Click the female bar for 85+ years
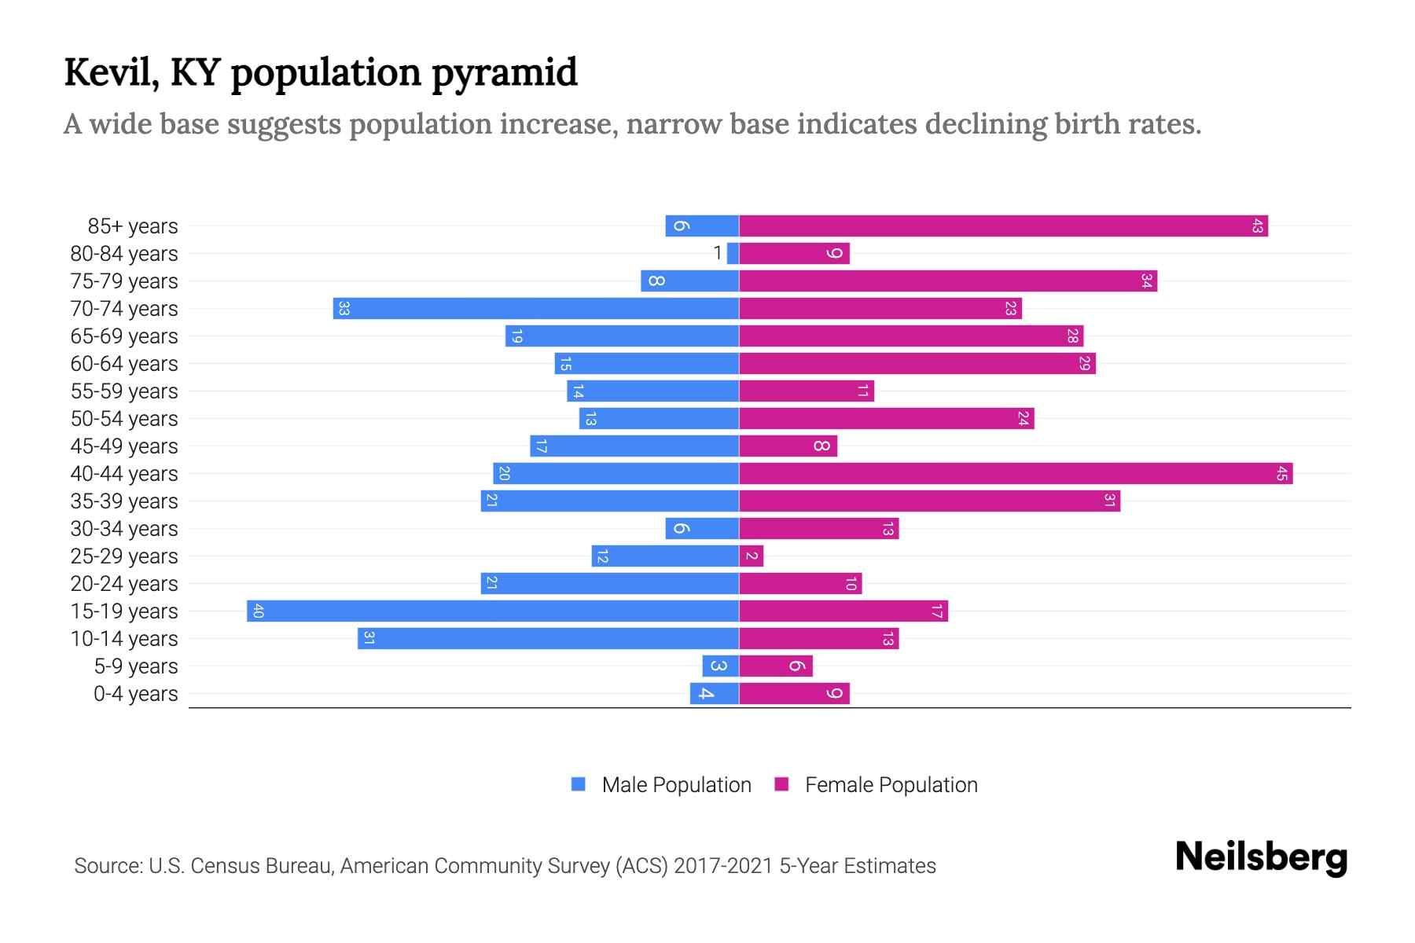point(1003,226)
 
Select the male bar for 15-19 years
point(493,611)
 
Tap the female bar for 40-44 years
point(1016,474)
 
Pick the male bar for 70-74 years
point(536,309)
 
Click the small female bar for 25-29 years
point(751,556)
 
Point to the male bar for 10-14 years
point(548,639)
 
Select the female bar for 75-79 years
point(947,281)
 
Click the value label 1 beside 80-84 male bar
point(717,253)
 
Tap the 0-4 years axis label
point(135,694)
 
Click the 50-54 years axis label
point(124,419)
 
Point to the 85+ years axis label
point(132,226)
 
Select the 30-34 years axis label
point(124,529)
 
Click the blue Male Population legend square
point(579,784)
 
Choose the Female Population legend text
point(891,785)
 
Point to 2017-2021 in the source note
point(723,866)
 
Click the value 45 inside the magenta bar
point(1281,474)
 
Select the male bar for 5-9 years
point(720,666)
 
